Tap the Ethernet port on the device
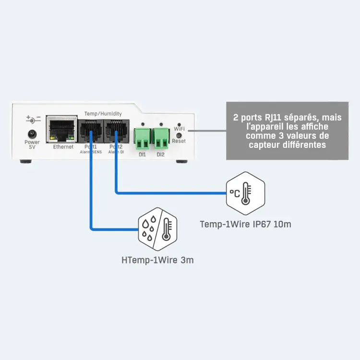(x=62, y=129)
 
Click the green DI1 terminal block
(x=142, y=138)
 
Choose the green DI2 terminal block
(x=161, y=138)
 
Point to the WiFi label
(x=179, y=129)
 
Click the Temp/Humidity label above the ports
(x=103, y=113)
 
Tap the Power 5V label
(x=32, y=144)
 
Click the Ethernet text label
(x=63, y=147)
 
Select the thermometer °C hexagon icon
(x=245, y=193)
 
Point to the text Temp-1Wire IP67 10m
(x=245, y=224)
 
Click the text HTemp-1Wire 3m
(x=157, y=261)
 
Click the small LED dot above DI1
(x=142, y=123)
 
